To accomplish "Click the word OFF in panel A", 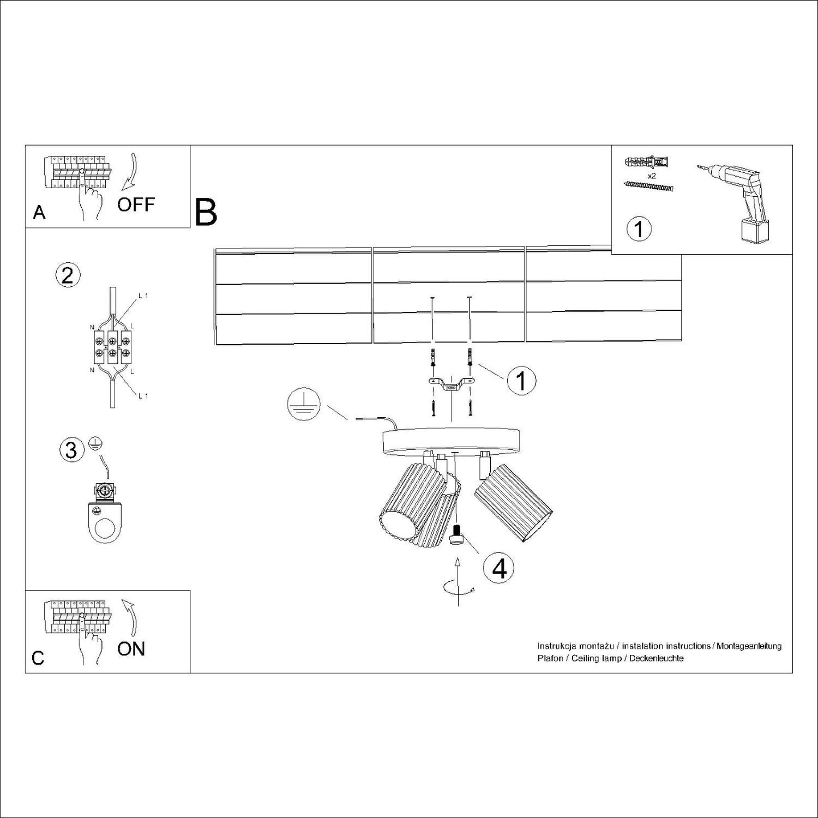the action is (136, 205).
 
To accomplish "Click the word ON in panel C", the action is (131, 649).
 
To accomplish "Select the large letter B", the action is (206, 213).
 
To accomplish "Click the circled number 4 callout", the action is (499, 569).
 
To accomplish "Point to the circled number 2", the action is (68, 274).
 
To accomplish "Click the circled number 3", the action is (71, 450).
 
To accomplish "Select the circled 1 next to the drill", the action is (639, 229).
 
